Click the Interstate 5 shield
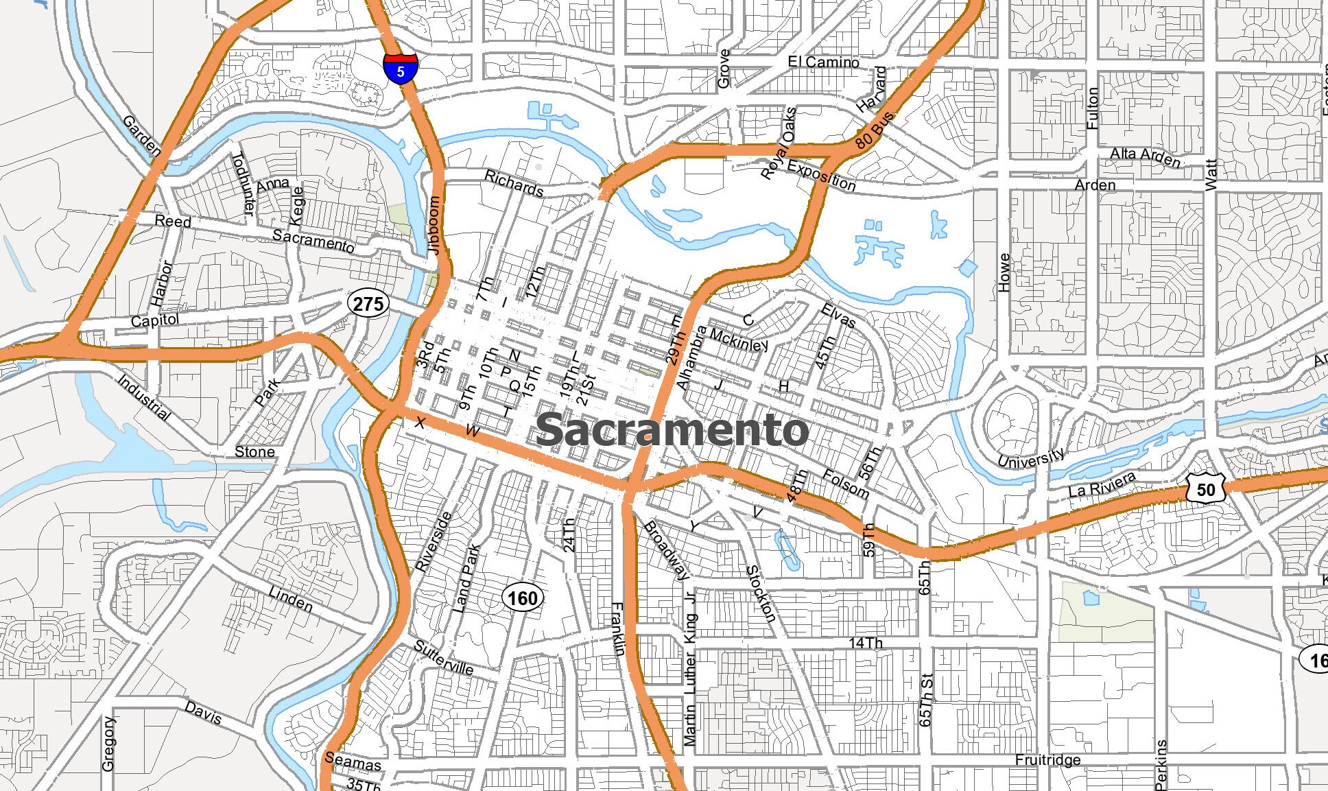click(401, 69)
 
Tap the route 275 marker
click(368, 303)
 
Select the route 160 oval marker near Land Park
click(523, 598)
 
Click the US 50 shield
click(1205, 489)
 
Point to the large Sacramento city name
click(672, 430)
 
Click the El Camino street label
click(823, 62)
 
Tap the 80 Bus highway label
click(875, 130)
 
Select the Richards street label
click(514, 183)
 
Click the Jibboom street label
click(434, 226)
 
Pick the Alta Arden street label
click(1145, 157)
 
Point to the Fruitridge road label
click(1047, 759)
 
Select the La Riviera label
click(1102, 484)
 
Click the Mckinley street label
click(739, 340)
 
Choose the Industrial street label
click(144, 397)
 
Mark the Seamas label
click(353, 762)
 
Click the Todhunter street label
click(243, 184)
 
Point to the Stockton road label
click(761, 593)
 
